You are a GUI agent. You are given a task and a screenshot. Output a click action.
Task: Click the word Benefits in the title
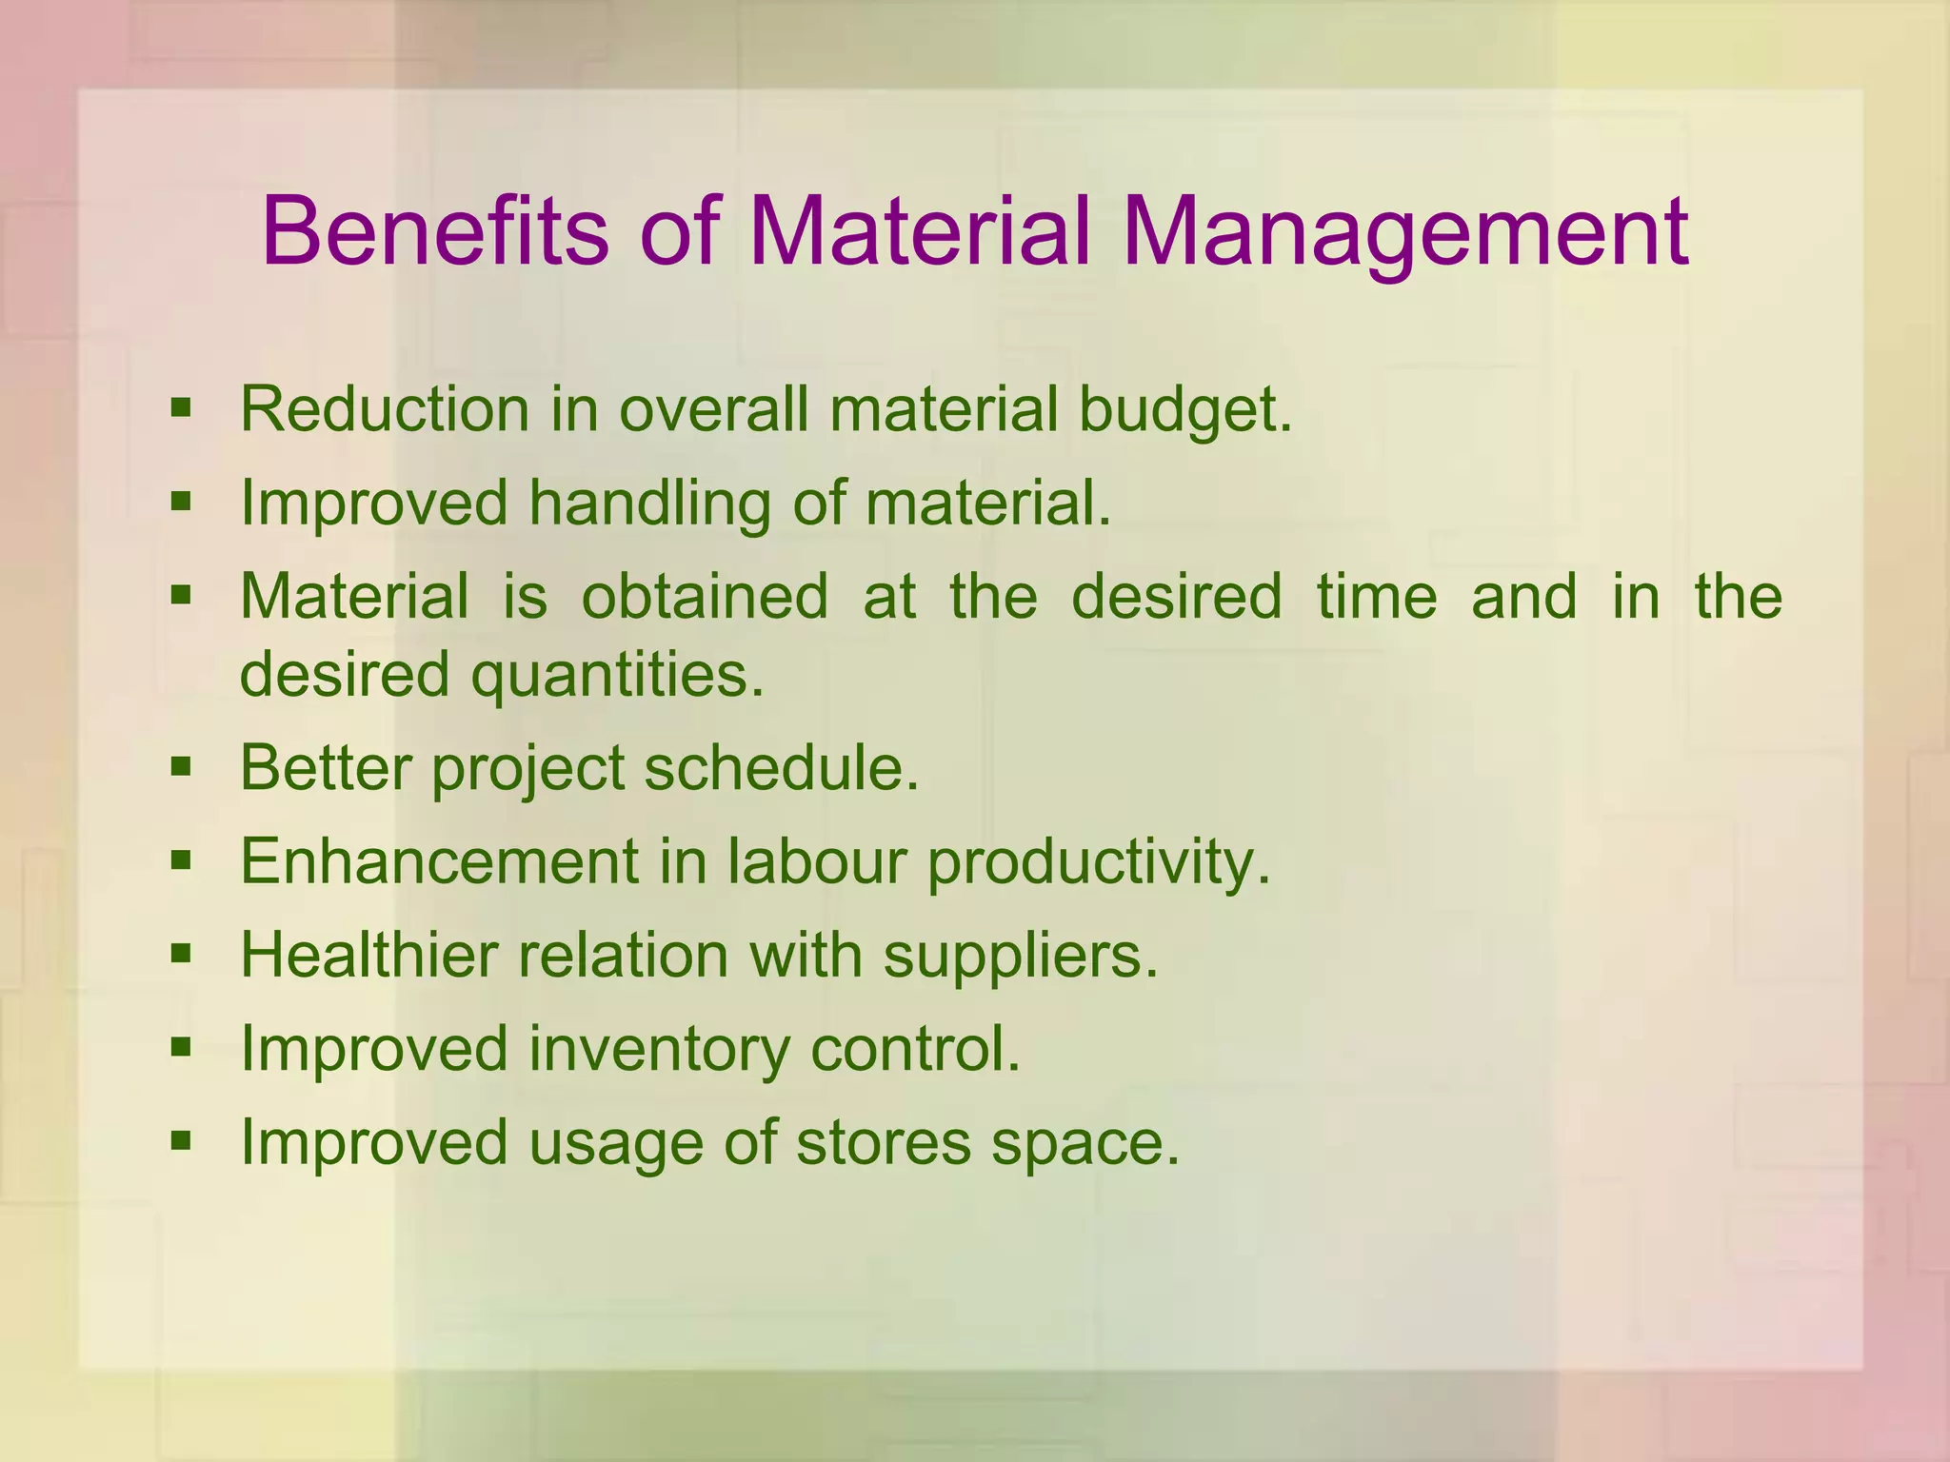pos(434,231)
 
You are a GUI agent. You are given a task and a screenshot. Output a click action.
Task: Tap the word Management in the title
pos(1404,231)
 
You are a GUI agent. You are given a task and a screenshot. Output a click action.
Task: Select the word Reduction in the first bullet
pos(385,409)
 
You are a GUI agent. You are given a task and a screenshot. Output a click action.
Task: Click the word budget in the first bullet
pos(1184,411)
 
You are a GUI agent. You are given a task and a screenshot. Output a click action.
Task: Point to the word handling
pos(649,503)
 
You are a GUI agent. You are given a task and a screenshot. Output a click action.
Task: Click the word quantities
pos(618,675)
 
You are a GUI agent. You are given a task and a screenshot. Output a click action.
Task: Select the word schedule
pos(782,767)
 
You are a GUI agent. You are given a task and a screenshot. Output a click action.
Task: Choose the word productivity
pos(1099,862)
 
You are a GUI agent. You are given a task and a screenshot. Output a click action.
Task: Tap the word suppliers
pos(1020,956)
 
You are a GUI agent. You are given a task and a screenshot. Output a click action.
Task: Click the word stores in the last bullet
pos(883,1141)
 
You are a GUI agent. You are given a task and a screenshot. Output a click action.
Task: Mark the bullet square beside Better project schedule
pos(181,766)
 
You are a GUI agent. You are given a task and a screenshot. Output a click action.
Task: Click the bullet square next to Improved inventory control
pos(181,1048)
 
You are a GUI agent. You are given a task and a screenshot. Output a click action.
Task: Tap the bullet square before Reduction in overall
pos(181,409)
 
